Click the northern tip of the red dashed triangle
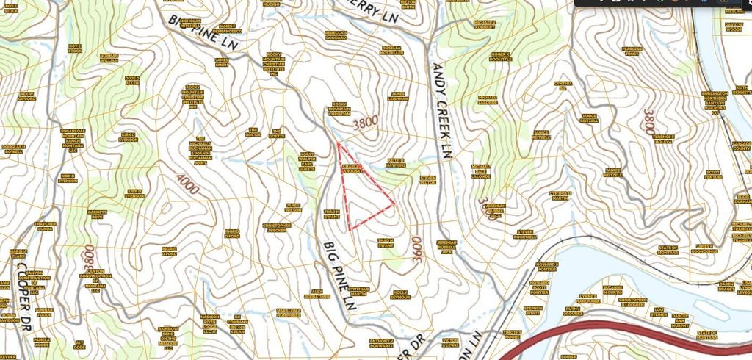coord(338,143)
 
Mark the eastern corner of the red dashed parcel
coord(395,204)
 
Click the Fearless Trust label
coord(632,51)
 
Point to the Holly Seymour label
coord(400,293)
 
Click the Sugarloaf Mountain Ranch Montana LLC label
coord(72,139)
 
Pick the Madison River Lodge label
coord(209,323)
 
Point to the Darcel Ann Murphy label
coord(680,320)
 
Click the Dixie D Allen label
coord(132,80)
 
